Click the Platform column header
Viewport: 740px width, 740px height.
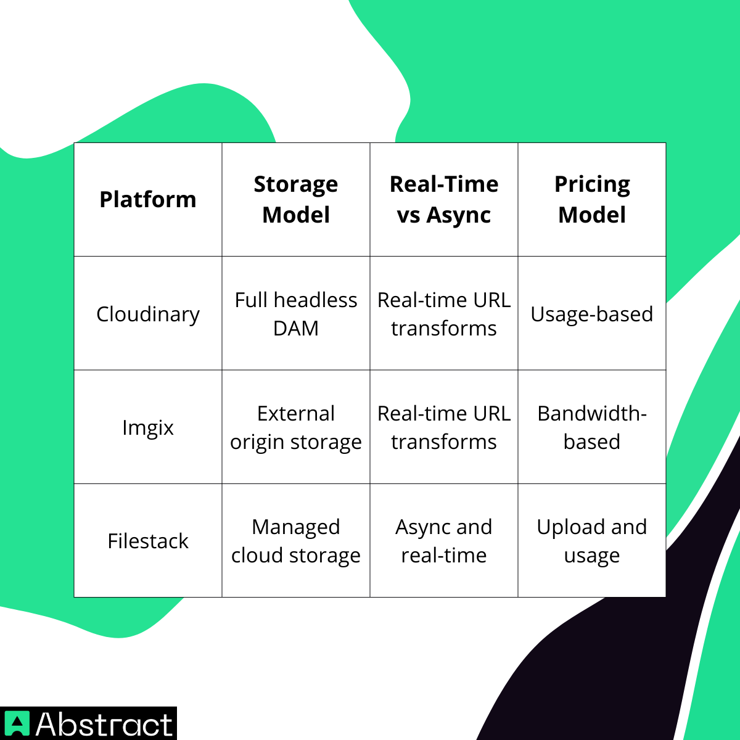[148, 200]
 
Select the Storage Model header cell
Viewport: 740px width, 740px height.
[296, 200]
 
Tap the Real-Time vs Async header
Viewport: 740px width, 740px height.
[444, 200]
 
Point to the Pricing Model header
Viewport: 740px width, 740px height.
[592, 200]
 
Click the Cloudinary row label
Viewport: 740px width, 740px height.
[148, 314]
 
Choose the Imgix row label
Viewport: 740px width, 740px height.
[148, 427]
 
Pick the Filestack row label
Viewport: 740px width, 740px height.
[148, 541]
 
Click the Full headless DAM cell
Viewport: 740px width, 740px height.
[296, 314]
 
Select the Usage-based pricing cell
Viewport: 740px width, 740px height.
[592, 314]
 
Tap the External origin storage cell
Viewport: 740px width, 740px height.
[296, 427]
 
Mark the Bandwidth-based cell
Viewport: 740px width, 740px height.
[592, 427]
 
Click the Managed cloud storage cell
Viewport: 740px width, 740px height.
[296, 541]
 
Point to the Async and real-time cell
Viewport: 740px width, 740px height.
[444, 541]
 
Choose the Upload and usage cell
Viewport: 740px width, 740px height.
[592, 541]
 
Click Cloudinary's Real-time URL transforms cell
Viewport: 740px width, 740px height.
[444, 314]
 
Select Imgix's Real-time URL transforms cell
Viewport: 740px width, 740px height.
[444, 427]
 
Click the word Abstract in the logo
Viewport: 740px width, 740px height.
[104, 724]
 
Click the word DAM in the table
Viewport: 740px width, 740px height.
[296, 329]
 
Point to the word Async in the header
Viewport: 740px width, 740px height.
[458, 215]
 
